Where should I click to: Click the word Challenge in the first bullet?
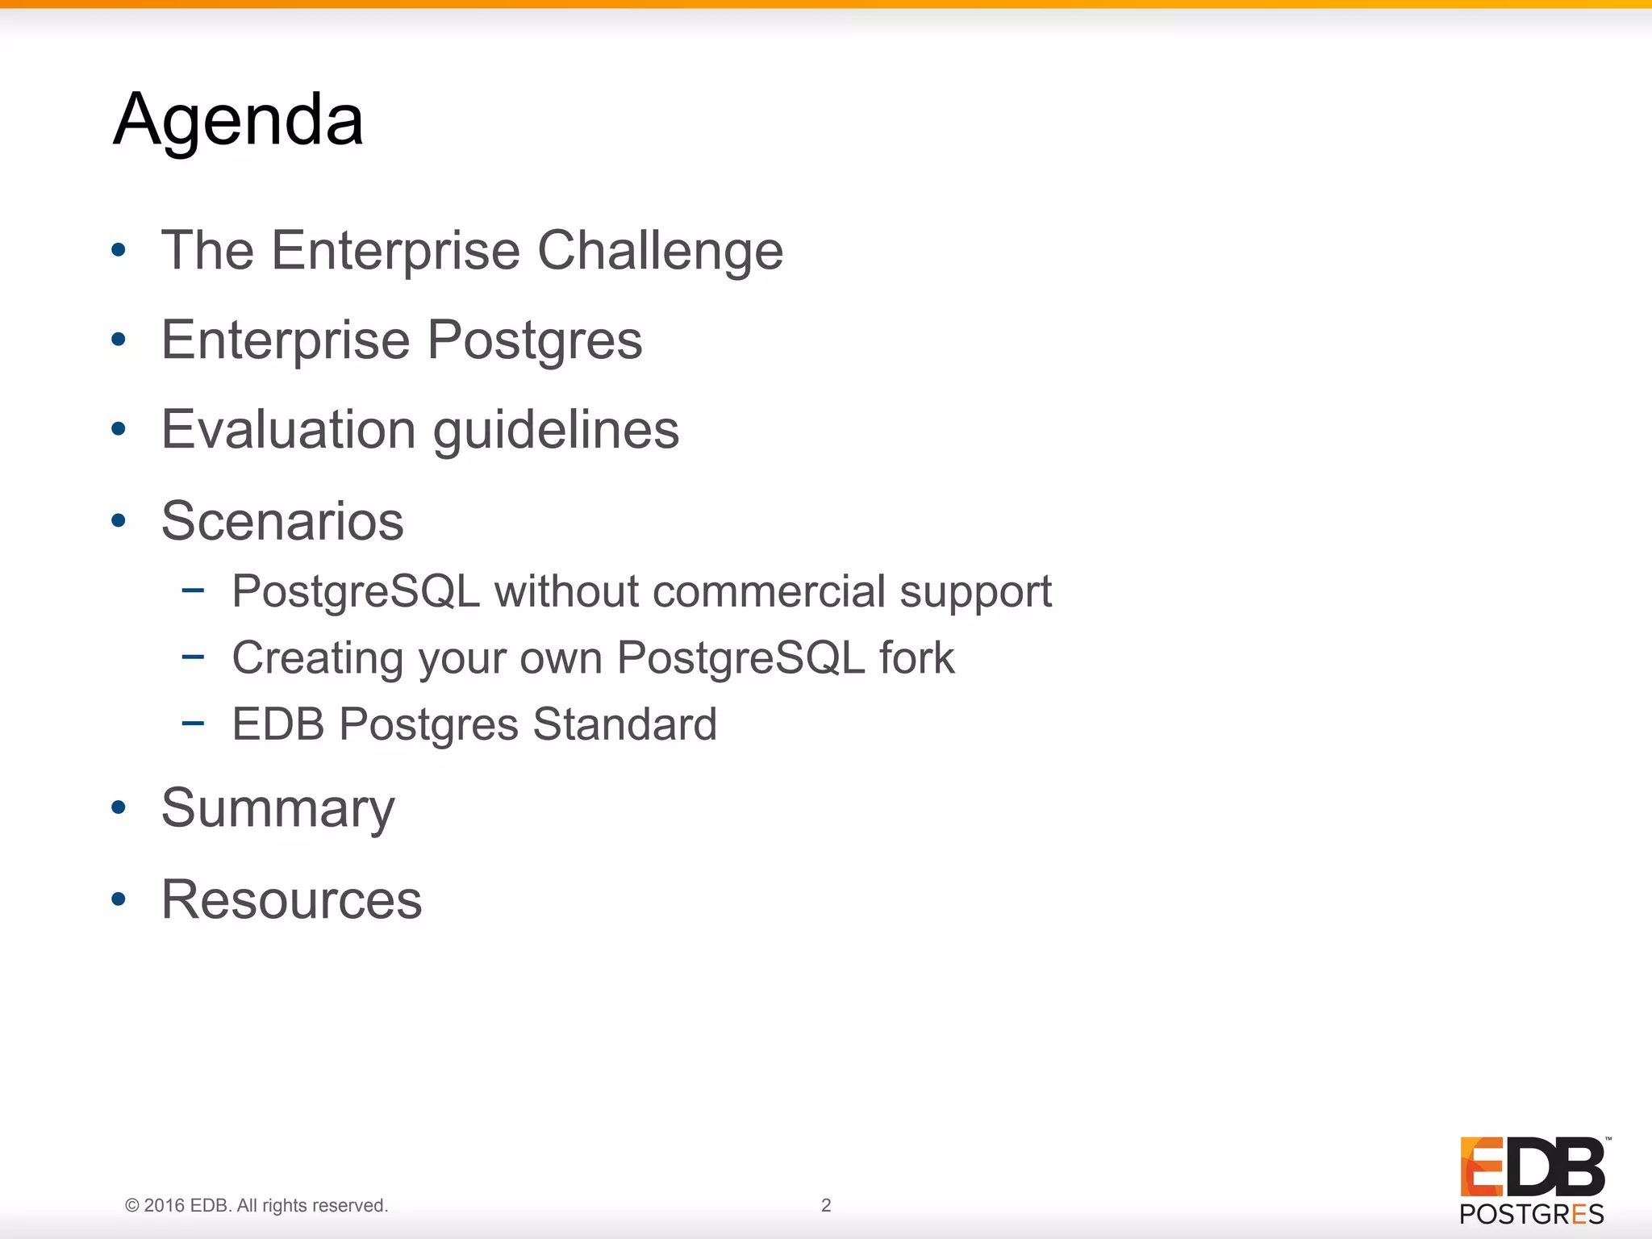[660, 250]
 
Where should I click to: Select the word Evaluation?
[289, 429]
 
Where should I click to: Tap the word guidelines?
[556, 431]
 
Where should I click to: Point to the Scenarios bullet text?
[282, 521]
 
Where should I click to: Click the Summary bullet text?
[278, 808]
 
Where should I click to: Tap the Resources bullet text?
[291, 899]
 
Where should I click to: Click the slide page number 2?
[826, 1205]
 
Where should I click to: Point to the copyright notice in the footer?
[257, 1205]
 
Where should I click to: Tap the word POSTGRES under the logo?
[1532, 1214]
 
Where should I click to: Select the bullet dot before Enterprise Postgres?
[119, 340]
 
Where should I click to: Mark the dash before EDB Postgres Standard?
[193, 723]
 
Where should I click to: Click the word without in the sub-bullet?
[566, 591]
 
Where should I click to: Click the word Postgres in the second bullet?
[534, 340]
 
